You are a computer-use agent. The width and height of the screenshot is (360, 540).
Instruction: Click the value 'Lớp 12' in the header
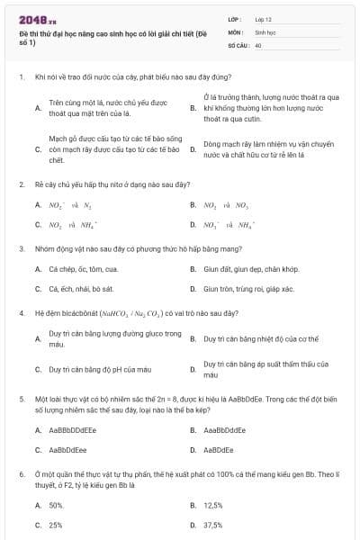click(265, 19)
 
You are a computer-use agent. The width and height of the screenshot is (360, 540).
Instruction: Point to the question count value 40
click(258, 44)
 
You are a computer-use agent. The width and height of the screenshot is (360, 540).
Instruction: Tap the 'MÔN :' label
click(237, 31)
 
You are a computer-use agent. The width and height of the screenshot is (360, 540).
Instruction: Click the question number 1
click(21, 78)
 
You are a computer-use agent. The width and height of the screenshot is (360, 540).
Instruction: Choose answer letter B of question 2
click(193, 205)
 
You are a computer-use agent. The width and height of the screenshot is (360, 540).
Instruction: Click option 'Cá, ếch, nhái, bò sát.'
click(80, 290)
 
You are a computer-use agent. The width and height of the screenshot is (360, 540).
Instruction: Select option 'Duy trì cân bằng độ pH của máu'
click(100, 369)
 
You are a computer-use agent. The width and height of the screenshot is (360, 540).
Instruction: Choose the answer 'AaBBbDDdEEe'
click(73, 430)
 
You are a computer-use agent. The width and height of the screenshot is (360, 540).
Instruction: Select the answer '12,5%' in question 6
click(213, 505)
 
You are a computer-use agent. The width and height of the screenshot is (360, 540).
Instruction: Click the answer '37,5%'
click(213, 525)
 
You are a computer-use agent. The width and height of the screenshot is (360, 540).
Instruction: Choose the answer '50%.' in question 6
click(57, 505)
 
